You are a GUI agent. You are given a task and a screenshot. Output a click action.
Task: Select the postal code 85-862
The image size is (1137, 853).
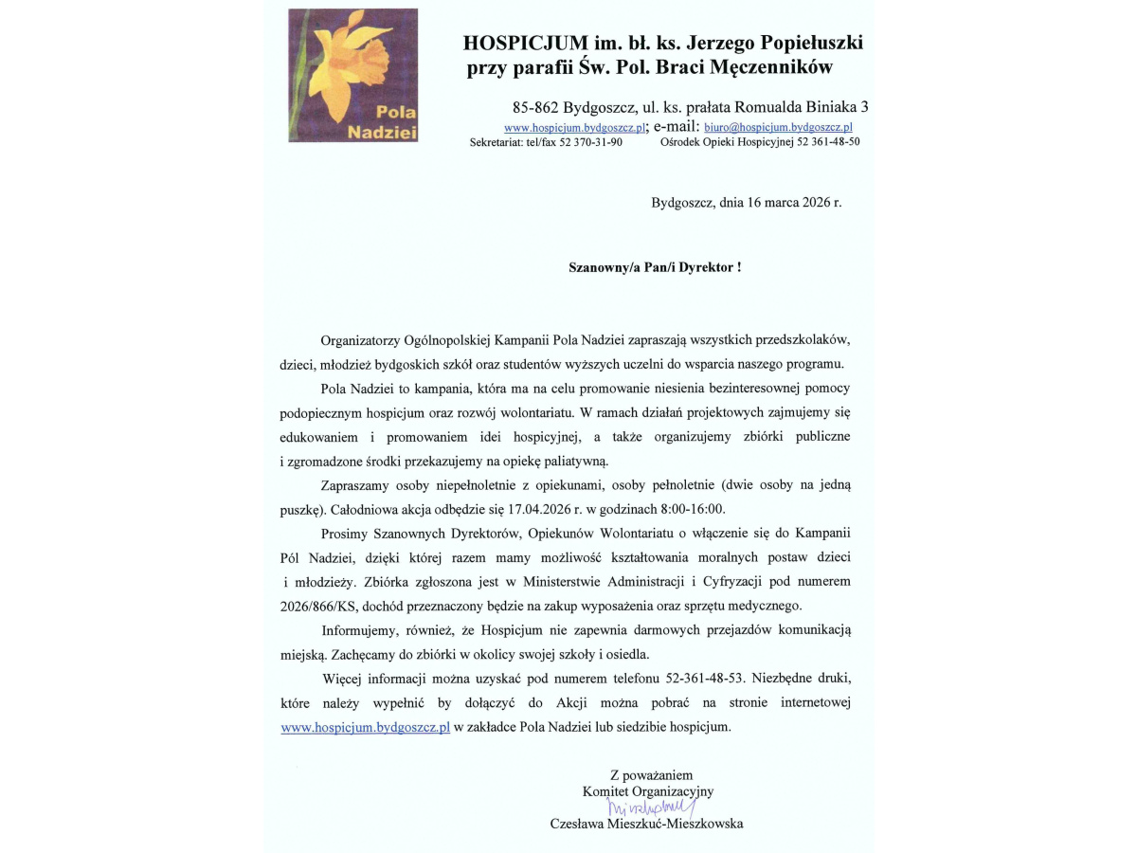pyautogui.click(x=537, y=107)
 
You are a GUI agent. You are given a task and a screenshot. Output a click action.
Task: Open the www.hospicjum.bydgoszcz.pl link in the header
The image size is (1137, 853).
pyautogui.click(x=574, y=127)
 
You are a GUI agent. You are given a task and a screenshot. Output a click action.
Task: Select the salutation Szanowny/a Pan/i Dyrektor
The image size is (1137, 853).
pyautogui.click(x=654, y=268)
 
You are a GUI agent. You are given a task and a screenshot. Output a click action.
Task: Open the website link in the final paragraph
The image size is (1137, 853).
pyautogui.click(x=366, y=728)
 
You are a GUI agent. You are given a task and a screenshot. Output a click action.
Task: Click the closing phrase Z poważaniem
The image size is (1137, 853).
pyautogui.click(x=651, y=774)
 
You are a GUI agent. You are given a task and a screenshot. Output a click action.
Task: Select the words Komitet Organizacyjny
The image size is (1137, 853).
pyautogui.click(x=648, y=790)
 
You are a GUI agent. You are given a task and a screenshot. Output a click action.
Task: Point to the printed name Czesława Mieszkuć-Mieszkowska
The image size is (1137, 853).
pyautogui.click(x=646, y=825)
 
